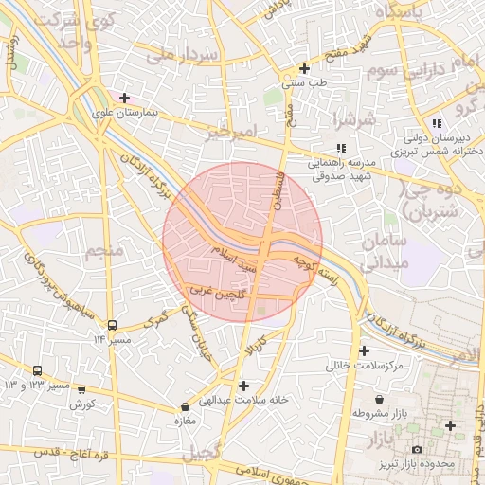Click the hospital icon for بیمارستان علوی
(x=124, y=97)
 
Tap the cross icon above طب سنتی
(x=304, y=68)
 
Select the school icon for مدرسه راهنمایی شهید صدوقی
(x=341, y=148)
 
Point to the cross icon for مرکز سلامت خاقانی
(x=364, y=350)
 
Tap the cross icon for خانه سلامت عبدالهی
(x=244, y=386)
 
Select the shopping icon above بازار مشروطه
(x=380, y=400)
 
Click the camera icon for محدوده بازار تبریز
(x=417, y=450)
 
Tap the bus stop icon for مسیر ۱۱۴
(x=113, y=325)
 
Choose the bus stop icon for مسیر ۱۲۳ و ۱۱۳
(x=37, y=371)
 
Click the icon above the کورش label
(x=81, y=389)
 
